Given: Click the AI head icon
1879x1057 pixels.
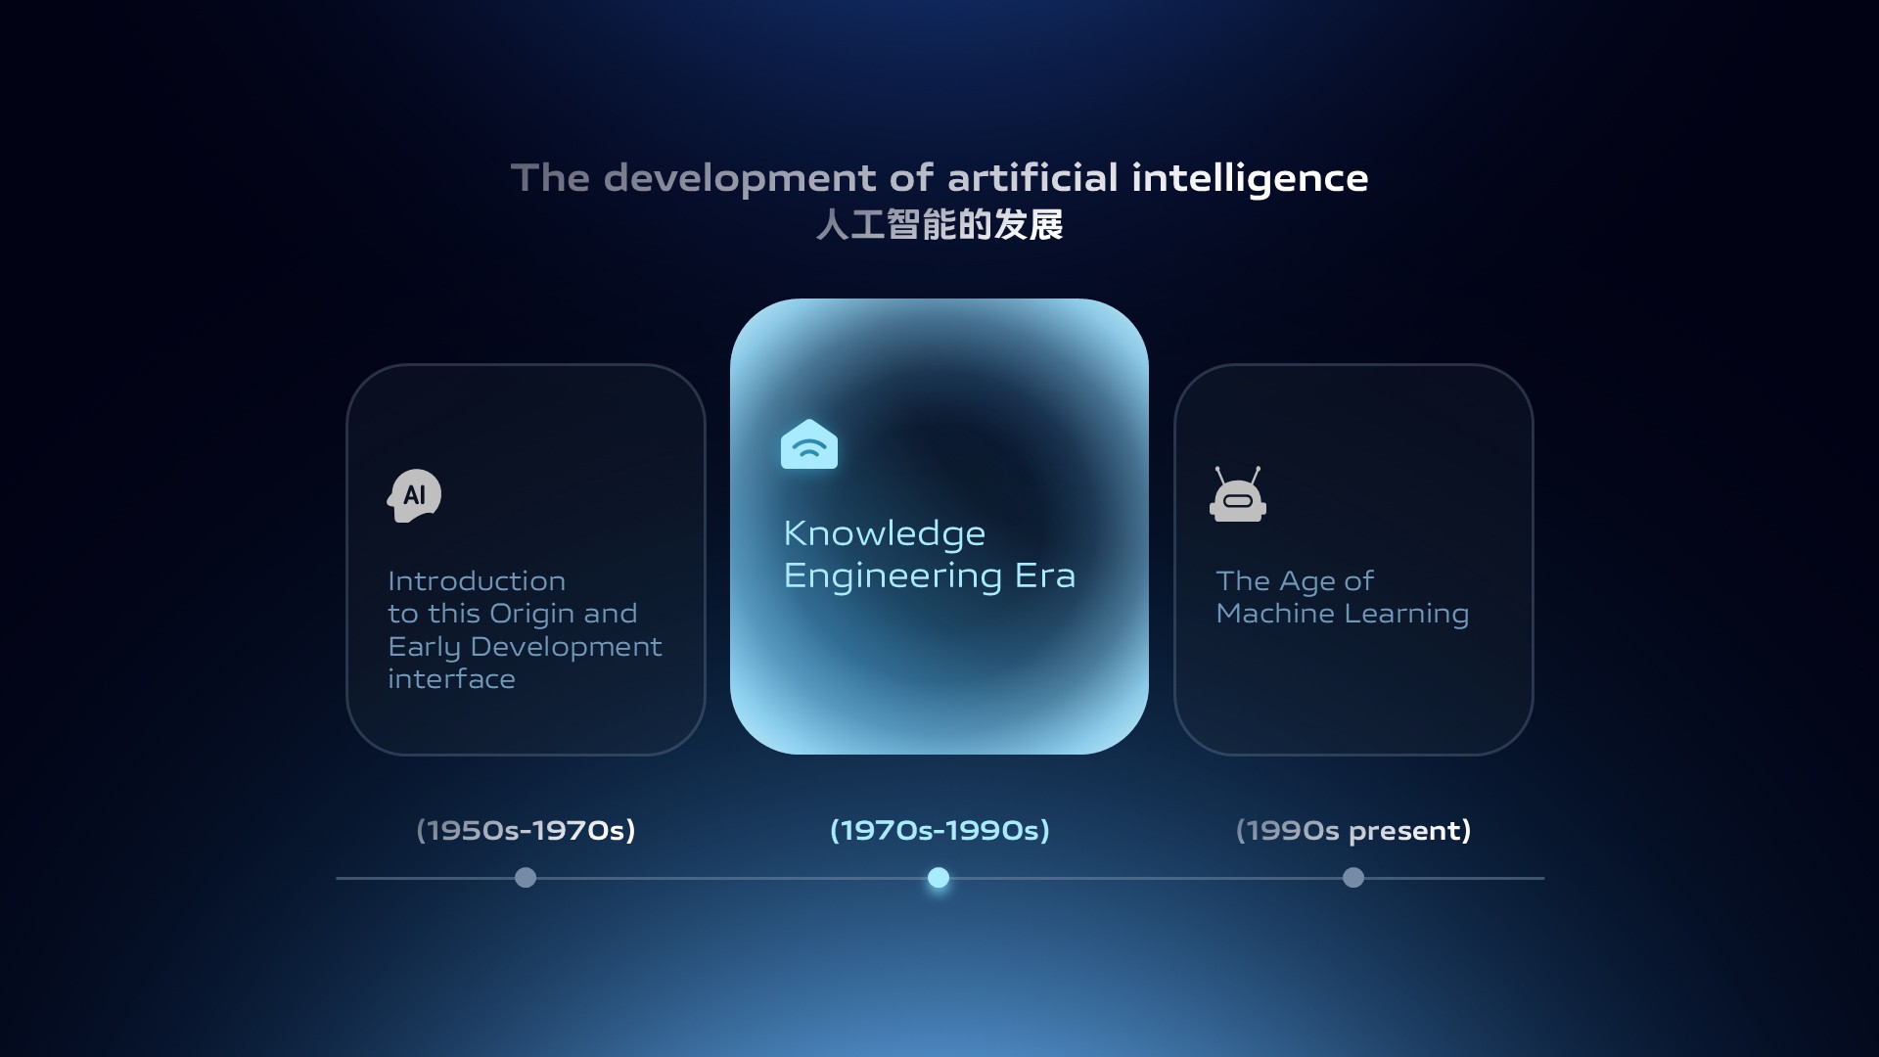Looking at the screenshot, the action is click(414, 495).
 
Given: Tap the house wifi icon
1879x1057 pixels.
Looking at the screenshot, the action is click(809, 444).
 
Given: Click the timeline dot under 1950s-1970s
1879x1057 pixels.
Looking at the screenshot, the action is click(526, 878).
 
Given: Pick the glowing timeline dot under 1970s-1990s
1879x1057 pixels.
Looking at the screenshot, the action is click(939, 878).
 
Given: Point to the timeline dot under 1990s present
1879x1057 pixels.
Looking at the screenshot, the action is click(1353, 878).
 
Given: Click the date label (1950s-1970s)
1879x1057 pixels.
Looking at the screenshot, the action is click(526, 830).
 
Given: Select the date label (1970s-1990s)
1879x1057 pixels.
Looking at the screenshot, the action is click(939, 830).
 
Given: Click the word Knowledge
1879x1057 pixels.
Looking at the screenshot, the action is click(885, 534).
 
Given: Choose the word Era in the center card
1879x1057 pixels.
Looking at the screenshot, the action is click(1045, 575).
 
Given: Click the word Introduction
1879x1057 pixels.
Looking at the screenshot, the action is click(477, 581).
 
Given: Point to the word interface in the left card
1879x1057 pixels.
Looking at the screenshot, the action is click(451, 679).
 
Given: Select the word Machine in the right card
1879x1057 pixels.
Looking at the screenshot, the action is click(1275, 614).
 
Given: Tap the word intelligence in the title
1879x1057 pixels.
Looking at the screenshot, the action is click(1250, 179).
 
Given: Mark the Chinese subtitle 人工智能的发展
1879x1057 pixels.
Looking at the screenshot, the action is click(939, 225).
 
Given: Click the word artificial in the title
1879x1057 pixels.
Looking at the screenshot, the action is click(1032, 178).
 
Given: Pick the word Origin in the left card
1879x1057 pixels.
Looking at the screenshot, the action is click(531, 615).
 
